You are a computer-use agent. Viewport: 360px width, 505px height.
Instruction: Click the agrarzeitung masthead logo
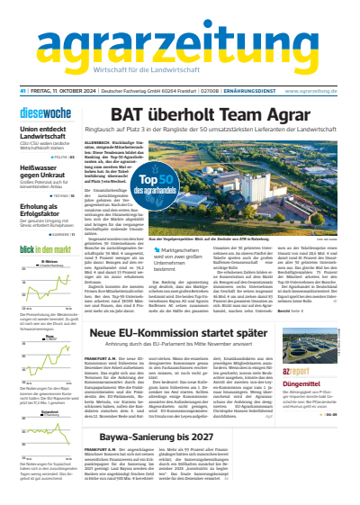[x=179, y=31]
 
